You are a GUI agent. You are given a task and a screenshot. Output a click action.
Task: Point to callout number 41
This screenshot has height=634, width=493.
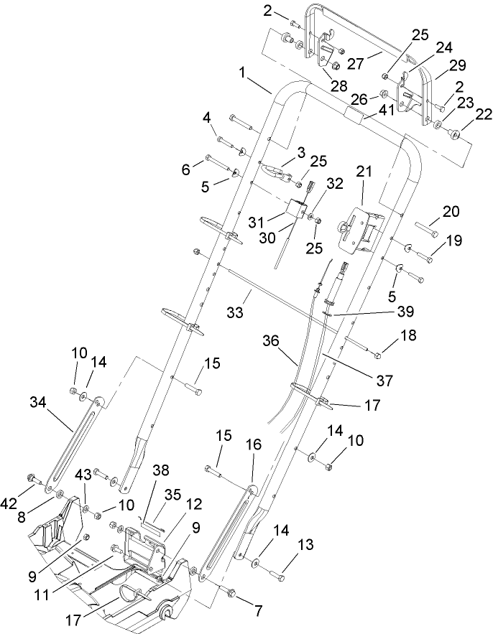click(387, 111)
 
